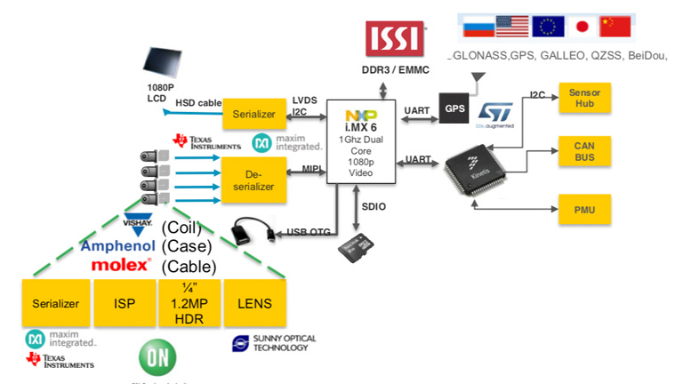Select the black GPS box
[x=455, y=109]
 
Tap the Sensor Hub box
[x=584, y=97]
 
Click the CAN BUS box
[x=584, y=152]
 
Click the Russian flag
[x=478, y=27]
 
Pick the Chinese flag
[x=615, y=27]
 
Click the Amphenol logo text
[x=118, y=245]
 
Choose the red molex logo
[x=121, y=265]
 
